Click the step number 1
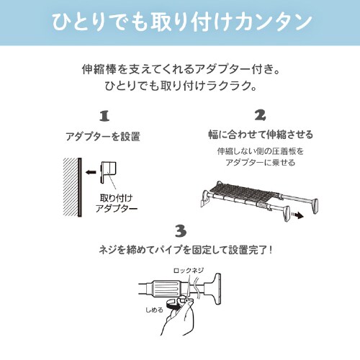103,116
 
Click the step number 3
180,230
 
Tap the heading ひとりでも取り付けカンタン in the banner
180,22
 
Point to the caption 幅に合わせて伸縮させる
260,135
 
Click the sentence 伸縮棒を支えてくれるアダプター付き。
180,72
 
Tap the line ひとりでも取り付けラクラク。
180,89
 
